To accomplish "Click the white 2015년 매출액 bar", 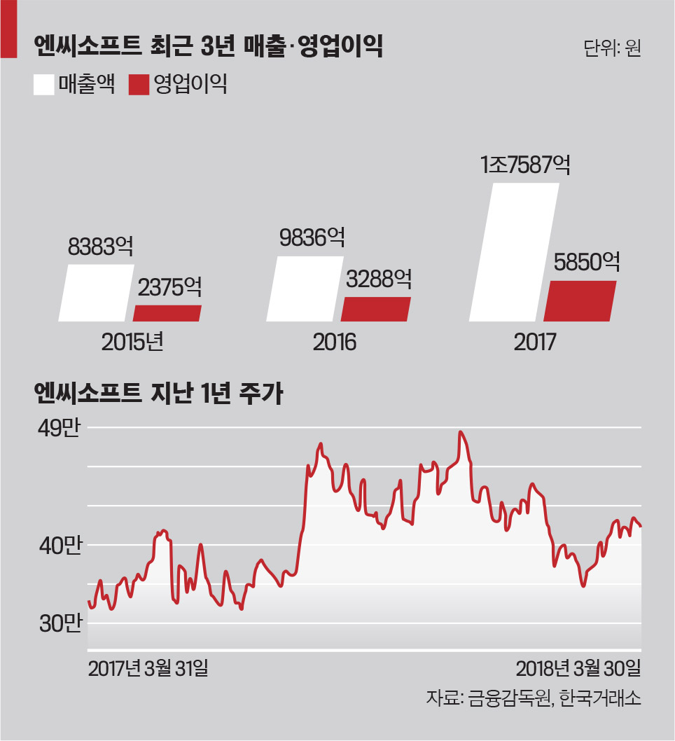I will click(96, 293).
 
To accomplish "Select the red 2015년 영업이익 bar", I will click(167, 313).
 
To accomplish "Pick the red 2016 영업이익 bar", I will click(375, 309).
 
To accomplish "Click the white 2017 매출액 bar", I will click(515, 252).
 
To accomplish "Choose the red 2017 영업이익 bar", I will click(580, 301).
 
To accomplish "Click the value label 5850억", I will click(586, 263).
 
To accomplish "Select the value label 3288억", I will click(379, 279).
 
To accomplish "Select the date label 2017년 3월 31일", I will click(148, 668).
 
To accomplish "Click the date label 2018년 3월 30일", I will click(578, 668).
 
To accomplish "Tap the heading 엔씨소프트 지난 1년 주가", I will click(158, 394).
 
